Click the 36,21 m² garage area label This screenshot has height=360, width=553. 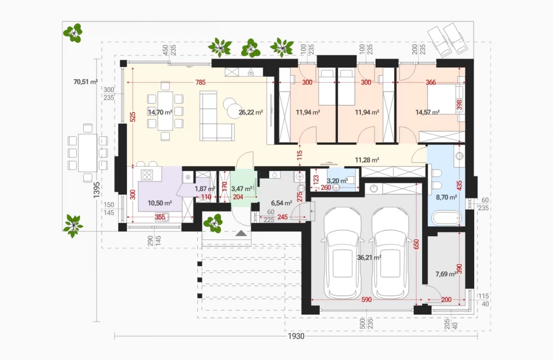point(369,258)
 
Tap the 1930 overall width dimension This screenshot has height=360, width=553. point(296,336)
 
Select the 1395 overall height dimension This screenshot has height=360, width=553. point(96,190)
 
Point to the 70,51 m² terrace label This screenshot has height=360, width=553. point(85,82)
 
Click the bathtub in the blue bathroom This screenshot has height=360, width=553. point(446,218)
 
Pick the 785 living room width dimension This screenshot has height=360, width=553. point(200,83)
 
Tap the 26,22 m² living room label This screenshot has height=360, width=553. point(251,112)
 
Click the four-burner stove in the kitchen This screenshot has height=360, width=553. point(147,174)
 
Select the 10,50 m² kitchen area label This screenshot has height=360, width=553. point(160,203)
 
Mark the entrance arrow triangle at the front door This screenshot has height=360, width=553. point(241,233)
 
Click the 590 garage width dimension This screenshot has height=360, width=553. point(366,300)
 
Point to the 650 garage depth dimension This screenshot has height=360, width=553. point(416,244)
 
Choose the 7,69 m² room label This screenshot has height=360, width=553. point(446,274)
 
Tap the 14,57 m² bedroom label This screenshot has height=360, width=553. point(428,112)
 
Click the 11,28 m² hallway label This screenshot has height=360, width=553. point(367,160)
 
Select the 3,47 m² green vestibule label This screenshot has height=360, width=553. point(241,189)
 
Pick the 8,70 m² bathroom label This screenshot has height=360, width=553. point(446,197)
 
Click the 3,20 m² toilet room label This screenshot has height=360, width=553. point(337,181)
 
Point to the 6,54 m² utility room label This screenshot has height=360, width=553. point(281,203)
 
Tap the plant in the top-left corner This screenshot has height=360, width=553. point(73,33)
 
